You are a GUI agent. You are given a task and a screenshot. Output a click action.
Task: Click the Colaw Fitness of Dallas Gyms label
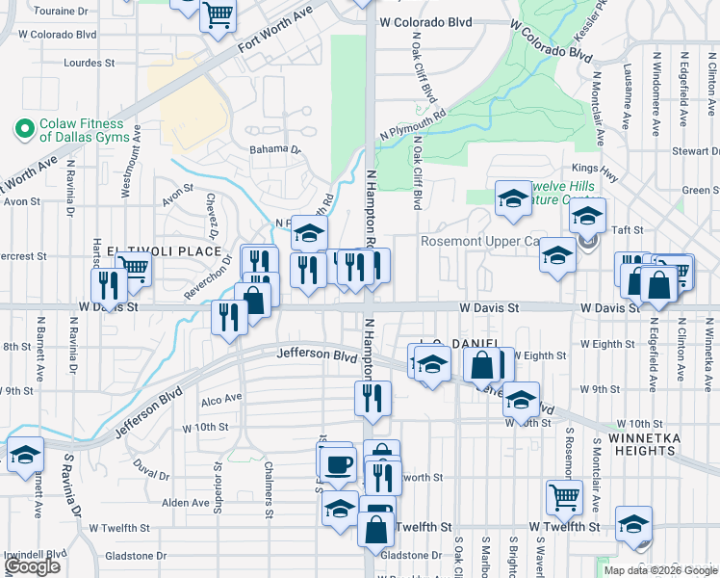tap(82, 130)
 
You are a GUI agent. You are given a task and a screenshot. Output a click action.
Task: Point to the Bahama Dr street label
tap(275, 149)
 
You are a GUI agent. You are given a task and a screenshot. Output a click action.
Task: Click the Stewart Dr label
tap(689, 151)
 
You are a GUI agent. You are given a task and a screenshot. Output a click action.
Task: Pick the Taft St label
tap(627, 230)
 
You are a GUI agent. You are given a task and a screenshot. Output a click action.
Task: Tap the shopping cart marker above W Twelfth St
tap(564, 496)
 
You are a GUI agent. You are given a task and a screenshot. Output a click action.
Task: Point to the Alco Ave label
tap(221, 399)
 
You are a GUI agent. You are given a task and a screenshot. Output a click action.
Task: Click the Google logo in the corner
tap(32, 566)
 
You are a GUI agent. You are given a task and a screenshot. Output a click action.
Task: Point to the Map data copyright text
tap(660, 570)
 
